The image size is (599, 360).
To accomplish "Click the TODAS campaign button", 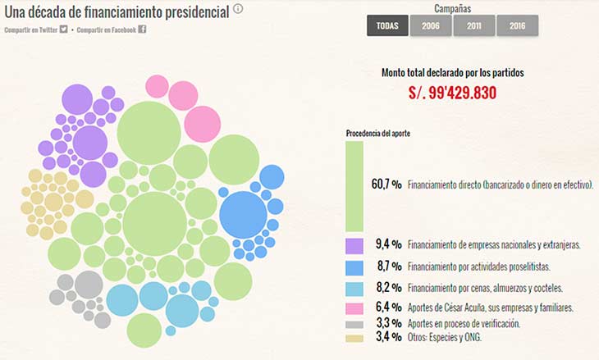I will [387, 25].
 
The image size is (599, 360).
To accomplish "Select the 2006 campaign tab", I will [431, 25].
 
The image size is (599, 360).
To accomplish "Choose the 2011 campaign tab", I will [474, 25].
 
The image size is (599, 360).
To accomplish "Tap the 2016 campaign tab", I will [517, 25].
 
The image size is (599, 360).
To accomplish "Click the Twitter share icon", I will [63, 30].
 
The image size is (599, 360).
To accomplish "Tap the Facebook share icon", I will [142, 30].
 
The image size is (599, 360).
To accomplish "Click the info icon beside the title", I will [238, 9].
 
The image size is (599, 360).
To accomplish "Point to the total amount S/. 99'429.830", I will [452, 93].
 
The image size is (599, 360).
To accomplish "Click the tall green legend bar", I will [354, 186].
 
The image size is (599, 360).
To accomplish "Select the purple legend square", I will [354, 245].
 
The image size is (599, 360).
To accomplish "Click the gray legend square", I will [354, 324].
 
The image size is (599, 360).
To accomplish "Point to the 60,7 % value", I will [386, 185].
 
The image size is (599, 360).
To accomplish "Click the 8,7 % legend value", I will [386, 267].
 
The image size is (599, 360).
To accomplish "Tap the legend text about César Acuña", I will [489, 308].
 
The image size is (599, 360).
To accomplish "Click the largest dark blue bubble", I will [243, 215].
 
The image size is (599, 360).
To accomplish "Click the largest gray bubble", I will [88, 285].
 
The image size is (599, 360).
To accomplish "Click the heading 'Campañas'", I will [452, 9].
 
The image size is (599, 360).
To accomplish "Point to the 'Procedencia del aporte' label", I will [378, 133].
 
